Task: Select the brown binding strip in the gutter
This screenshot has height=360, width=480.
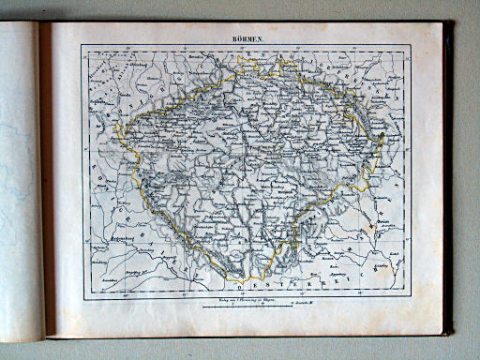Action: click(x=43, y=178)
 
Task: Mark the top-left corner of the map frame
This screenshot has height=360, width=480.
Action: click(x=81, y=44)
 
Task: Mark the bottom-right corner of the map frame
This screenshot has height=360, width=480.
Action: click(x=409, y=299)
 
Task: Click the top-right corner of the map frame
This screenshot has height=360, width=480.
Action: click(x=409, y=44)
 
